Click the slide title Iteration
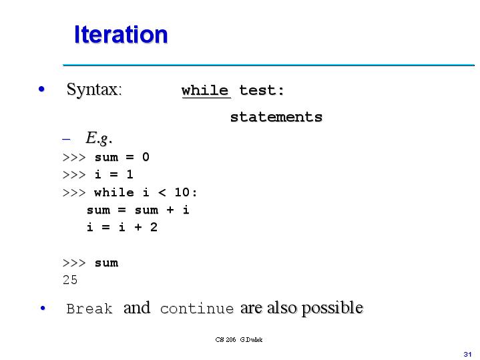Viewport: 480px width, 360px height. coord(121,34)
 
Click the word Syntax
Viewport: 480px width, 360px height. coord(93,89)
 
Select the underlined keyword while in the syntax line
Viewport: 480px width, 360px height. coord(205,91)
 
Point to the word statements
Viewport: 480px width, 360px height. coord(276,118)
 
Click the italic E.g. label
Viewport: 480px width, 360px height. coord(98,139)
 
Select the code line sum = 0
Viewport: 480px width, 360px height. coord(122,158)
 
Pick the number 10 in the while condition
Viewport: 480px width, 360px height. coord(182,193)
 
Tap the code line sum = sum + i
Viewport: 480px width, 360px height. coord(138,210)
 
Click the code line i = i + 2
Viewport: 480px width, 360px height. coord(122,228)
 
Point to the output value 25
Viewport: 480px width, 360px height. coord(70,281)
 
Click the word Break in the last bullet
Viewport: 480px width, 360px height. coord(89,309)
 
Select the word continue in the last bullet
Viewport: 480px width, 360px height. coord(197,309)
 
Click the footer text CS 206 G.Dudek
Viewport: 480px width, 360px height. coord(239,340)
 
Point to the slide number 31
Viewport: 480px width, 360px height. coord(467,353)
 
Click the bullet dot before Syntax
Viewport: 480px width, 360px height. coord(42,89)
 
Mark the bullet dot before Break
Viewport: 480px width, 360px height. coord(42,308)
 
